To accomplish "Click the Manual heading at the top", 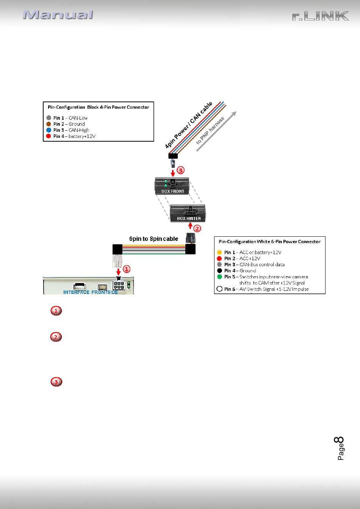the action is click(58, 15).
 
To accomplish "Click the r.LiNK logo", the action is click(320, 16).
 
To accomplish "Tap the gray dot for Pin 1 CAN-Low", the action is click(49, 118).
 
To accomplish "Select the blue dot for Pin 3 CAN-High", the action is click(49, 130).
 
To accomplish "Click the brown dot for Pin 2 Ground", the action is click(49, 124).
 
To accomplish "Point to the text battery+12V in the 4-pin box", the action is click(82, 136).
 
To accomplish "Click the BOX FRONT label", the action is click(172, 191).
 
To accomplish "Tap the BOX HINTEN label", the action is click(189, 219).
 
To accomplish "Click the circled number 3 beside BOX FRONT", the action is click(181, 170).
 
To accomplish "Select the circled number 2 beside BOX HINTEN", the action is click(197, 228).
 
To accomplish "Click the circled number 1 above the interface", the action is click(127, 269).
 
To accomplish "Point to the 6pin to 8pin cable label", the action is click(153, 239).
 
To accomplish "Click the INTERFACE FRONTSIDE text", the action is click(91, 292).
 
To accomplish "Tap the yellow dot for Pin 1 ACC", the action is click(219, 252).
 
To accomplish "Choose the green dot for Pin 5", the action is click(219, 277).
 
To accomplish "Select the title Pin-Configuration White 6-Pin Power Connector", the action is click(269, 242).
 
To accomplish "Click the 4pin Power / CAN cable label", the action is click(189, 125).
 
